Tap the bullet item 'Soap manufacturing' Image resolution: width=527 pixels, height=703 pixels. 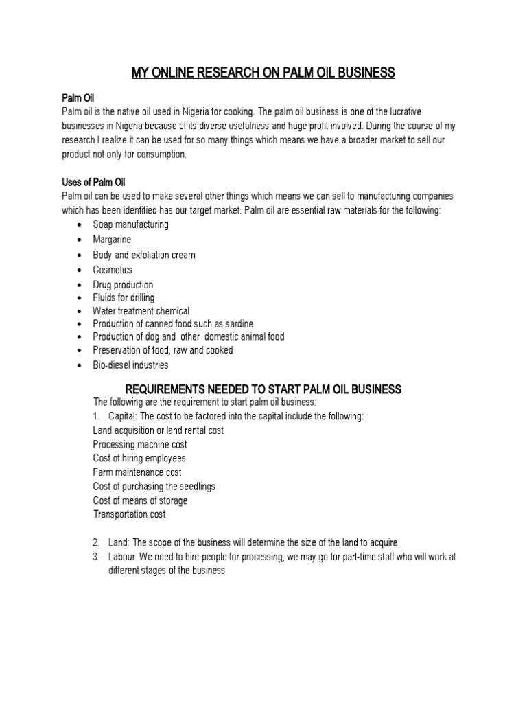point(130,224)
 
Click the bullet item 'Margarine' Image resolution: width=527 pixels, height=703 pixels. point(112,240)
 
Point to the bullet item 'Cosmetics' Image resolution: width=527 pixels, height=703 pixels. point(113,270)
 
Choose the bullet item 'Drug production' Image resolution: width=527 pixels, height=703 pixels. point(123,285)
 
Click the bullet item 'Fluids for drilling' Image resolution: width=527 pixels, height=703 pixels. point(124,298)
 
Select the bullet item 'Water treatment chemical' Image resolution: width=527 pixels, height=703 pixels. point(141,311)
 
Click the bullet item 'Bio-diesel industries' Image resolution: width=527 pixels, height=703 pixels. point(130,365)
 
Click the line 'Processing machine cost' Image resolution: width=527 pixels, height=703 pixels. point(140,444)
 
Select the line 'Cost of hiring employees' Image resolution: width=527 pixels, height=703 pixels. point(139,458)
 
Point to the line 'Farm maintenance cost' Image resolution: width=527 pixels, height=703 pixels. point(137,472)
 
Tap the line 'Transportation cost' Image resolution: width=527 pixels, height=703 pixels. point(129,514)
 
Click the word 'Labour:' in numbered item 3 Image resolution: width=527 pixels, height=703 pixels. point(124,557)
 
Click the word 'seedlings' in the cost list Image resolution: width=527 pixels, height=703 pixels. point(197,486)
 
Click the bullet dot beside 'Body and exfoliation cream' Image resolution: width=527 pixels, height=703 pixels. point(80,255)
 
